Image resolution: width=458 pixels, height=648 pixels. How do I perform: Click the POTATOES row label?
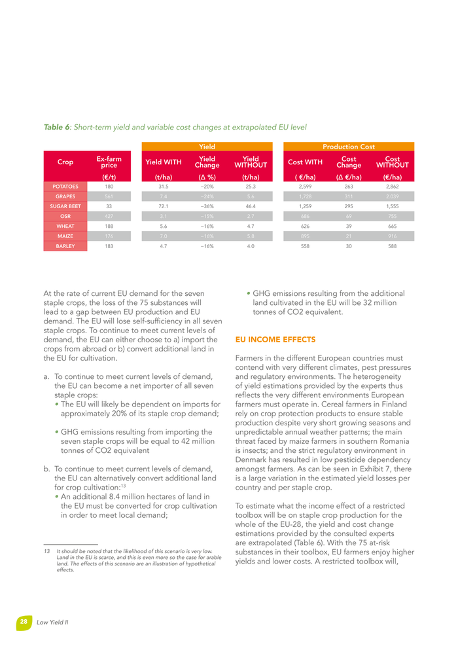tap(65, 187)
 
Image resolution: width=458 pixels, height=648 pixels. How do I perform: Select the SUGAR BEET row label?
tap(65, 206)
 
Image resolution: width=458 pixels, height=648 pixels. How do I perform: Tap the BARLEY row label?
tap(65, 246)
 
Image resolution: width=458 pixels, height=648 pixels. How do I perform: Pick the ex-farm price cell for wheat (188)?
tap(109, 226)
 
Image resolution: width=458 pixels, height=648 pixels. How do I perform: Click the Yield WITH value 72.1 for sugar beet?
tap(164, 206)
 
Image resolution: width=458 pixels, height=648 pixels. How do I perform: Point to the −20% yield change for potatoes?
tap(207, 187)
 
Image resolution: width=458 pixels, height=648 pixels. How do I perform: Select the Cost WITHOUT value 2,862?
tap(393, 187)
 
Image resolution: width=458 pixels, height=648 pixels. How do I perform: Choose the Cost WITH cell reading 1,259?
tap(305, 206)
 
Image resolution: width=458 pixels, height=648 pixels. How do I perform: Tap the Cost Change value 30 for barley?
tap(348, 246)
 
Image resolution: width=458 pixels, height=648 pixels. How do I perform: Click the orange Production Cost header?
tap(348, 147)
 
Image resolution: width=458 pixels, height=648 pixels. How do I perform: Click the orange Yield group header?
tap(207, 147)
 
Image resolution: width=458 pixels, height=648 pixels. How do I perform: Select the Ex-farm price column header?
tap(109, 162)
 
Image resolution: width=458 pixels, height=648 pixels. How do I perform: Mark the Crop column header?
tap(65, 162)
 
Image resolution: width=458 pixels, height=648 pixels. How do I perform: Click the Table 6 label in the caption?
tap(57, 126)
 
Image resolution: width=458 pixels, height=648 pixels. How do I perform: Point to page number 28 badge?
tap(24, 621)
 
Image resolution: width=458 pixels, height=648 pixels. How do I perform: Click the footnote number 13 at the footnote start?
tap(46, 552)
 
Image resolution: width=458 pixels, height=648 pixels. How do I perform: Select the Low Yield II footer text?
tap(52, 622)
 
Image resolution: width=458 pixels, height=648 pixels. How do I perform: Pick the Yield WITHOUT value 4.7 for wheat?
tap(251, 226)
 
